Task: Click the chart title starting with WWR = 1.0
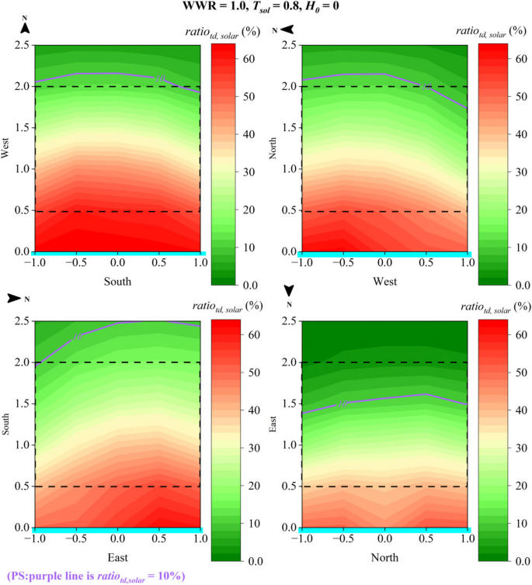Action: pyautogui.click(x=266, y=7)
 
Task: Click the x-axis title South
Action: pyautogui.click(x=117, y=282)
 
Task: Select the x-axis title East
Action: pyautogui.click(x=117, y=556)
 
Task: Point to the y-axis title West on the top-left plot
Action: pyautogui.click(x=7, y=148)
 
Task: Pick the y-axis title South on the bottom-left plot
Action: pyautogui.click(x=7, y=424)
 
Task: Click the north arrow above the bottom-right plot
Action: pyautogui.click(x=289, y=290)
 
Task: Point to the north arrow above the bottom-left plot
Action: pyautogui.click(x=15, y=297)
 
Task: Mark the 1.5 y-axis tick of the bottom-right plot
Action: pyautogui.click(x=290, y=403)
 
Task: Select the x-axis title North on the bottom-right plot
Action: pyautogui.click(x=384, y=556)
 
